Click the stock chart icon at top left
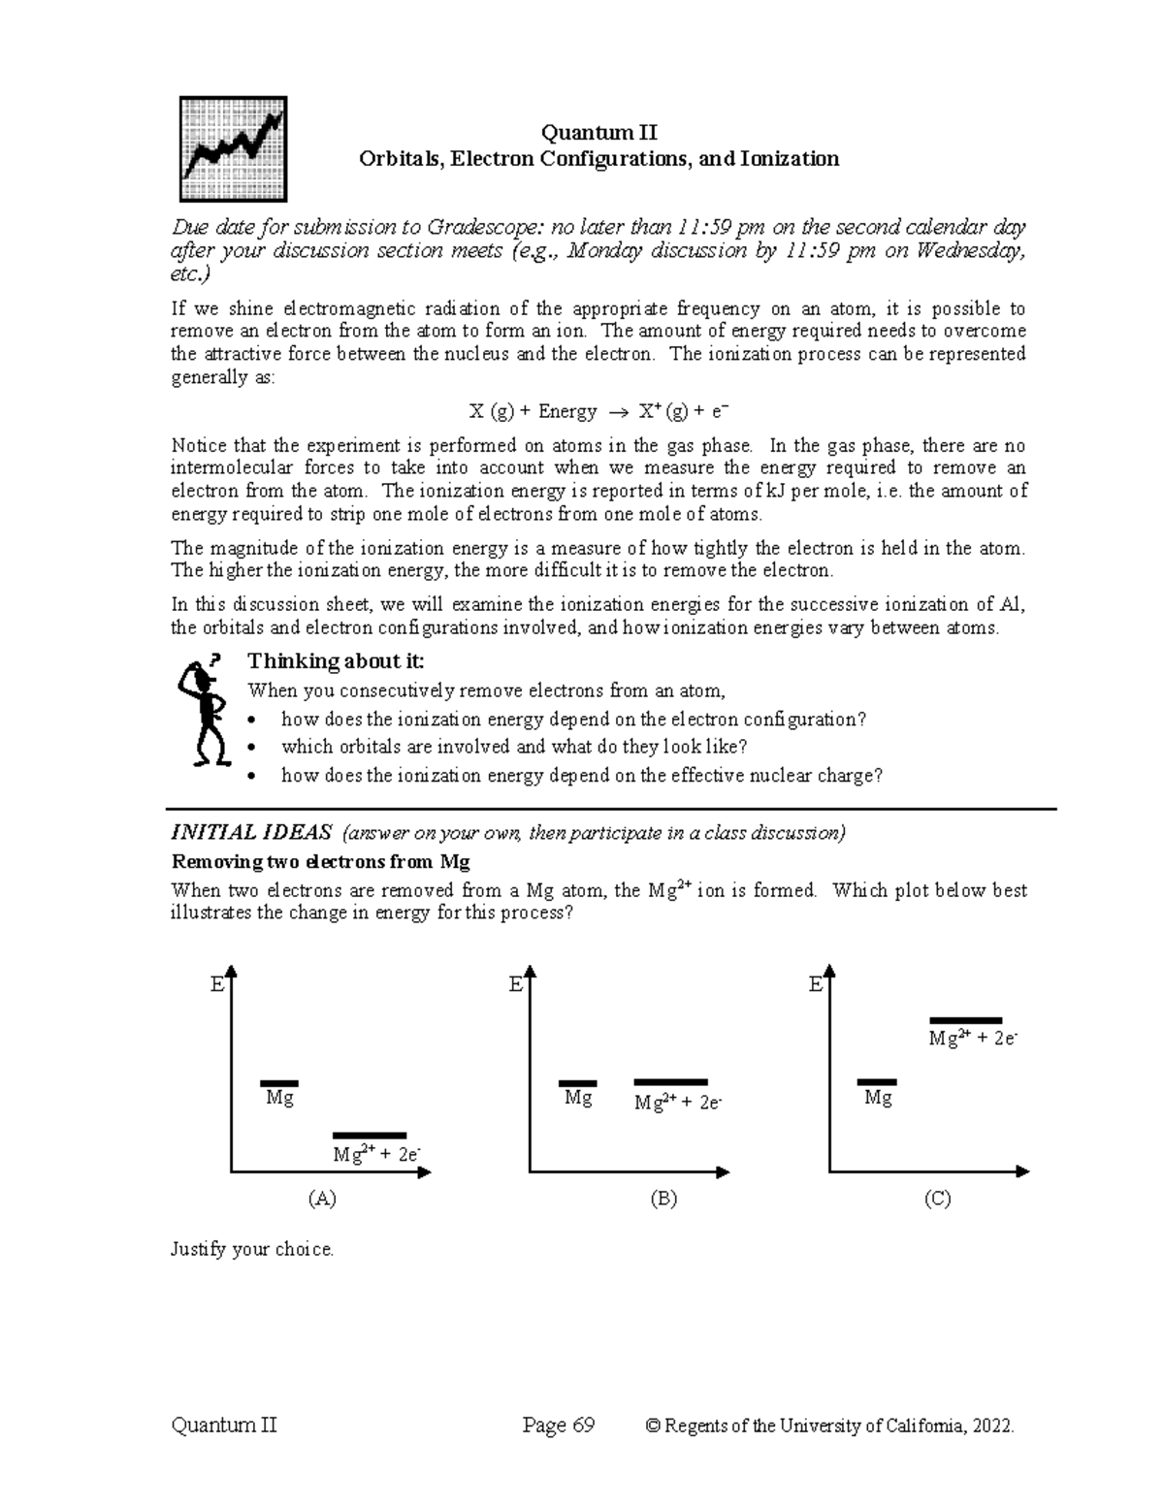(x=233, y=148)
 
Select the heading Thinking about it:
(x=336, y=661)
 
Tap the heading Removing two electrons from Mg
(x=320, y=862)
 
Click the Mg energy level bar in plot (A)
(x=279, y=1083)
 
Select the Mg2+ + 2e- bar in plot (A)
(x=369, y=1135)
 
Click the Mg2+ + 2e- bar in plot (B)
(x=670, y=1082)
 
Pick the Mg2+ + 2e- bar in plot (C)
(x=965, y=1020)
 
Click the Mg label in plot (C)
(x=878, y=1098)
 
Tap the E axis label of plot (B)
(x=515, y=985)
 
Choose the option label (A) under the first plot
(x=321, y=1199)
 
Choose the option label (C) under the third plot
(x=937, y=1199)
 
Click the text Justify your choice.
(x=252, y=1249)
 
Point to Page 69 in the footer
(x=558, y=1426)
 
